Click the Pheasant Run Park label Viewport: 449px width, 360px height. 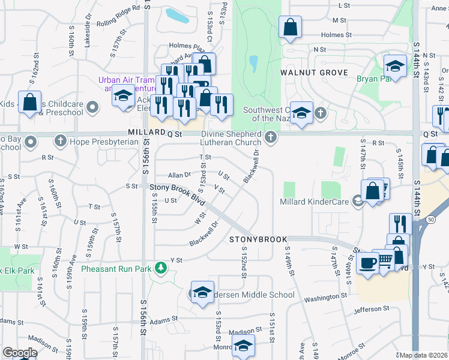pyautogui.click(x=116, y=269)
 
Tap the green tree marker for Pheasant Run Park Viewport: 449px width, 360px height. pyautogui.click(x=160, y=267)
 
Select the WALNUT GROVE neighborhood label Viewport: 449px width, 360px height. pyautogui.click(x=314, y=73)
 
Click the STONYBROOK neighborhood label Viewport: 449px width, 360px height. pyautogui.click(x=259, y=239)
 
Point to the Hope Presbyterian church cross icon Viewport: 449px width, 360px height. pyautogui.click(x=60, y=142)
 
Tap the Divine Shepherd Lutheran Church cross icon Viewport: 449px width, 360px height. pyautogui.click(x=271, y=139)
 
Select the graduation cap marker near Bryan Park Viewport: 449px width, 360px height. pyautogui.click(x=395, y=67)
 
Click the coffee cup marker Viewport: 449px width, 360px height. pyautogui.click(x=367, y=262)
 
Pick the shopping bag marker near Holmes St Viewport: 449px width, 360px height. pyautogui.click(x=290, y=27)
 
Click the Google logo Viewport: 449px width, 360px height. pyautogui.click(x=20, y=353)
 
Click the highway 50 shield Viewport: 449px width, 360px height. pyautogui.click(x=432, y=220)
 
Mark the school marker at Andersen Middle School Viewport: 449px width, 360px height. pyautogui.click(x=203, y=292)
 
